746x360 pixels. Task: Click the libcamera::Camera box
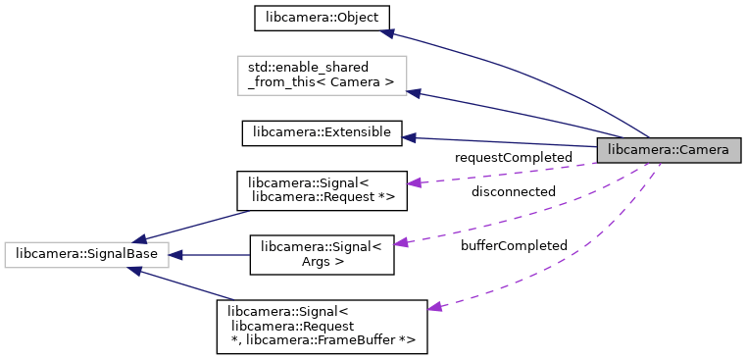click(x=669, y=150)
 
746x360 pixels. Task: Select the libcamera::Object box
click(x=309, y=18)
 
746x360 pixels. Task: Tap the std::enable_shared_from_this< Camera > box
click(x=322, y=76)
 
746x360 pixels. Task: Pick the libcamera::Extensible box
click(x=322, y=131)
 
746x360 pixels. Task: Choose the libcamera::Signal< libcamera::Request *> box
click(x=322, y=190)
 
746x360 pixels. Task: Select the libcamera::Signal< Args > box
click(x=322, y=255)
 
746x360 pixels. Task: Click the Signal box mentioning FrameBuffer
click(x=322, y=328)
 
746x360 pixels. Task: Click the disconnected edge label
click(x=513, y=191)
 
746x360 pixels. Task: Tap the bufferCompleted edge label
click(x=514, y=245)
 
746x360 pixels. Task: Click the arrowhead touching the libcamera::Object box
click(x=387, y=32)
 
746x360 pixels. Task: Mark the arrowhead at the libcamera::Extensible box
click(x=410, y=136)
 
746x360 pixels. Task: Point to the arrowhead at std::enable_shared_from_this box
click(x=414, y=93)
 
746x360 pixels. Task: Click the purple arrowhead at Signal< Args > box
click(x=402, y=241)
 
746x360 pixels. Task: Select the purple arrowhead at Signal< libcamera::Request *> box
click(x=414, y=182)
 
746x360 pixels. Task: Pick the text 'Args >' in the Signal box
click(x=322, y=263)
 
